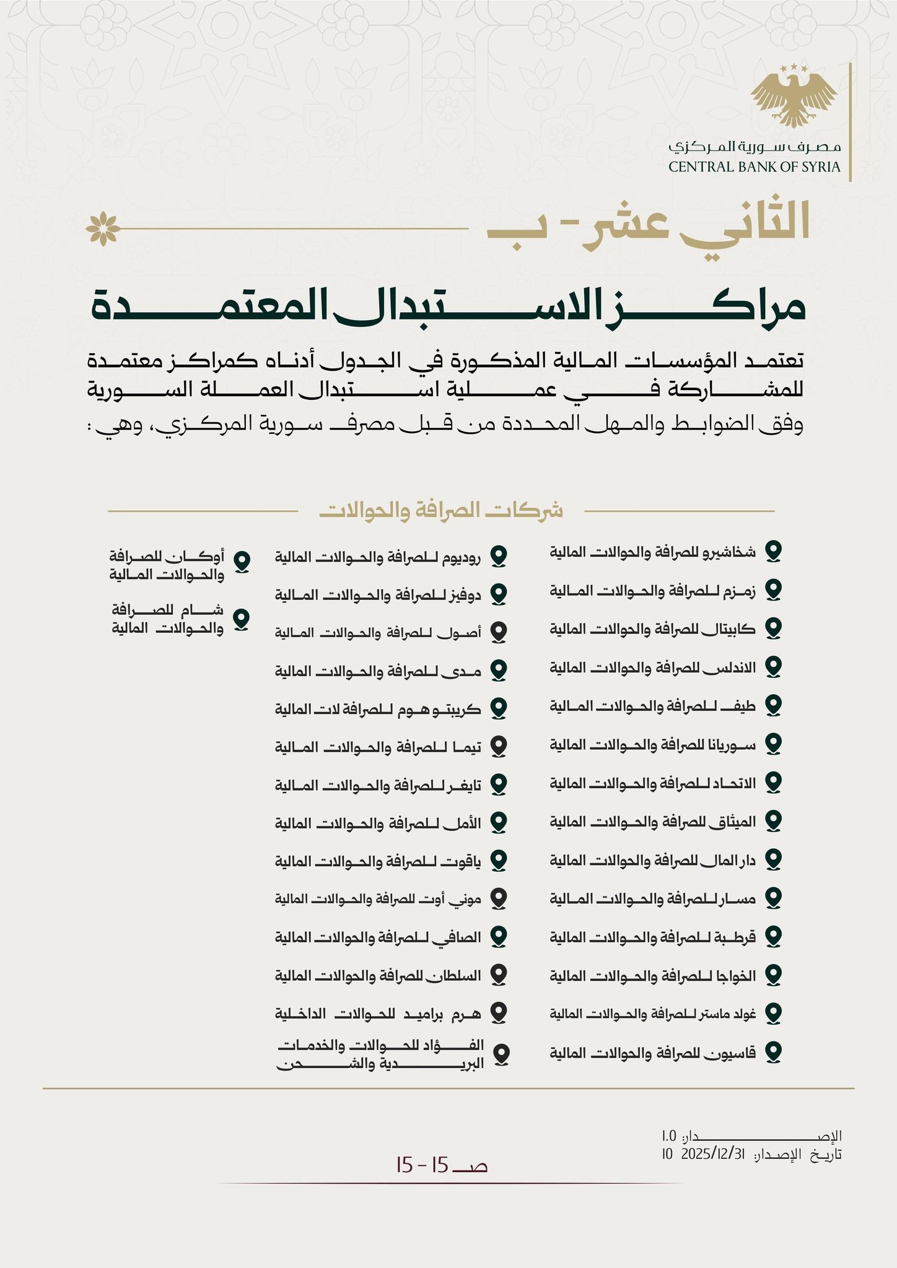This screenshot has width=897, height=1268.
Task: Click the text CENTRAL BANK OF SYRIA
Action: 755,167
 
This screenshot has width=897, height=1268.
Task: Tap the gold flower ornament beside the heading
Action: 103,228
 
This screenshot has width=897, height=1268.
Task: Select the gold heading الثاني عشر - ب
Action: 648,227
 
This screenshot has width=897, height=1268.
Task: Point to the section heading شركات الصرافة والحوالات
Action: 441,511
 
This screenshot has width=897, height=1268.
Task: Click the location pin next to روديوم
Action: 499,556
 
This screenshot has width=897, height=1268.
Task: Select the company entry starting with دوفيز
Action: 378,595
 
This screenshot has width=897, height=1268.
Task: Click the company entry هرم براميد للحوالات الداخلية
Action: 378,1013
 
